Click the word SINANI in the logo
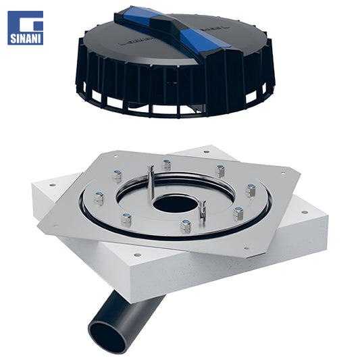pos(26,38)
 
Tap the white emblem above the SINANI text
pos(31,22)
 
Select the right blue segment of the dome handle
pos(203,39)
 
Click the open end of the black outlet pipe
pos(108,338)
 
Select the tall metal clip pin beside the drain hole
pos(151,182)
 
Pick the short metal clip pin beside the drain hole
pos(203,211)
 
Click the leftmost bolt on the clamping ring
pos(99,198)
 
